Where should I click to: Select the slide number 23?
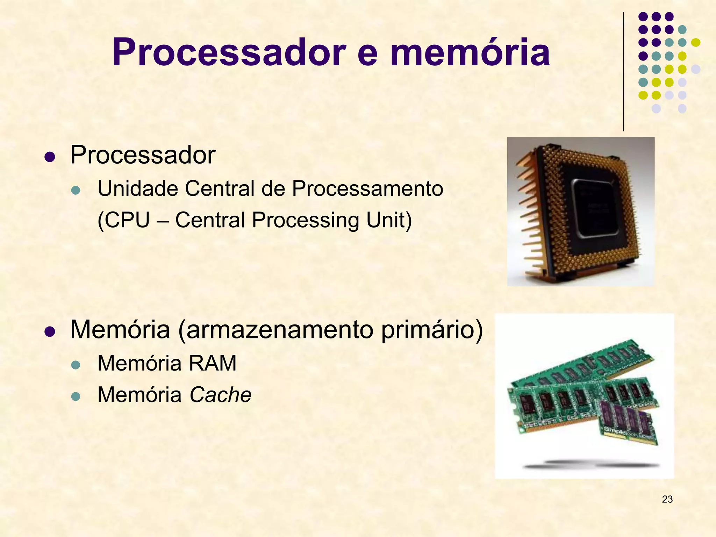[667, 499]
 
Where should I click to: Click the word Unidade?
[138, 188]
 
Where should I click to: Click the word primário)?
[432, 330]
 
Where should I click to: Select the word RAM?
[213, 363]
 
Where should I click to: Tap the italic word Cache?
[220, 395]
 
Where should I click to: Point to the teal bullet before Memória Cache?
[76, 397]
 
